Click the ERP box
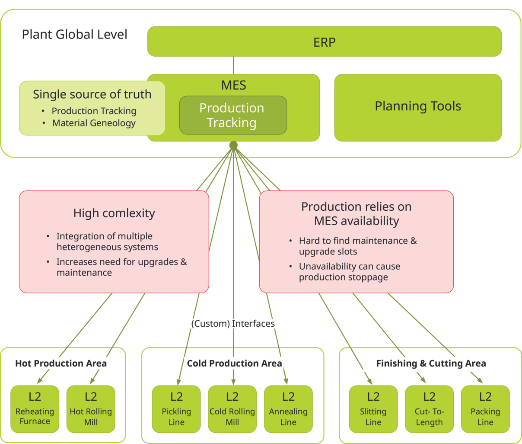click(x=324, y=42)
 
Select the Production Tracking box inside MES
click(x=233, y=115)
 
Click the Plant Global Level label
click(x=75, y=35)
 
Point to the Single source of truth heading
click(x=92, y=94)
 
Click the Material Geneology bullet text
click(x=94, y=123)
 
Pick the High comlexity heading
click(x=114, y=213)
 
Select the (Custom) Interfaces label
click(x=233, y=324)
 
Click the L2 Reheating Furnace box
click(x=35, y=409)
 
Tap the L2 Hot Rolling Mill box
click(x=91, y=409)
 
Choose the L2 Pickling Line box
click(x=176, y=409)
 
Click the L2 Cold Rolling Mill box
click(x=232, y=409)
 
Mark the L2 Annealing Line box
click(x=288, y=409)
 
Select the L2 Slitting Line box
click(x=373, y=409)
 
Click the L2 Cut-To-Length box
click(x=429, y=409)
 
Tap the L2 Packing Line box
click(x=485, y=409)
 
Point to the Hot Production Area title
click(x=61, y=364)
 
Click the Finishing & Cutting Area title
click(x=431, y=364)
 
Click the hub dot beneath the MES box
click(x=233, y=145)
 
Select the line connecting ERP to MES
click(x=233, y=65)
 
